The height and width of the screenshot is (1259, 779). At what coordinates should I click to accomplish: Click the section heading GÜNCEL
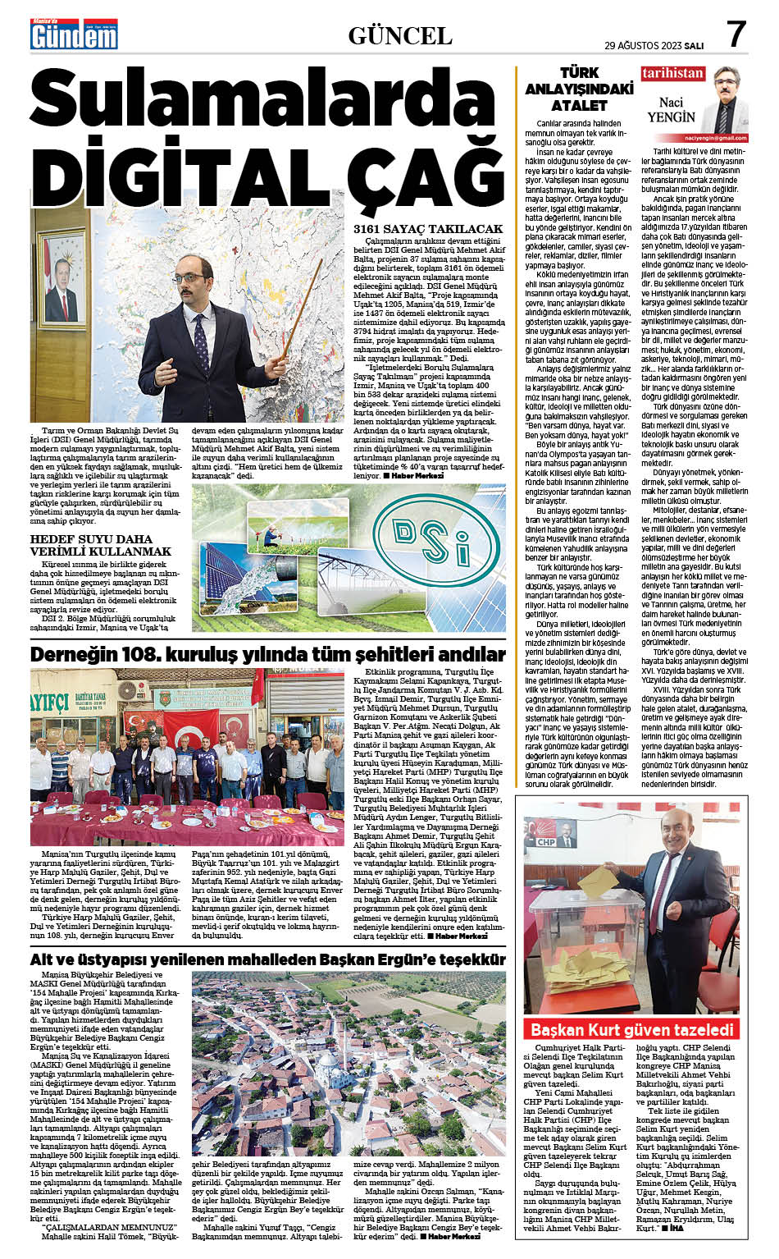click(x=399, y=36)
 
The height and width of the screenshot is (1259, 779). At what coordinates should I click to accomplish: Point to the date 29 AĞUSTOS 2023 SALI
click(x=654, y=45)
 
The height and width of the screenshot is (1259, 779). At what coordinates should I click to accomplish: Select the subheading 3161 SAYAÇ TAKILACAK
click(x=427, y=229)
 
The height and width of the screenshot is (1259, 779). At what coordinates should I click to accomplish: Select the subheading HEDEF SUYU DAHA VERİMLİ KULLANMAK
click(x=101, y=545)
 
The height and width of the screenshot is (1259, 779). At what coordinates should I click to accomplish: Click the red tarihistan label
click(x=672, y=74)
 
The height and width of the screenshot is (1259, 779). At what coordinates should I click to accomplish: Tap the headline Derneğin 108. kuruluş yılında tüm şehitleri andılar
click(x=267, y=654)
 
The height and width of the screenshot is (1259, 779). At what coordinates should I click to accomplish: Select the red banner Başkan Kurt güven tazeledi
click(x=631, y=1029)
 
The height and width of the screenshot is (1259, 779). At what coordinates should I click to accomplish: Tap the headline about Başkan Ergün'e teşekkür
click(x=267, y=959)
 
